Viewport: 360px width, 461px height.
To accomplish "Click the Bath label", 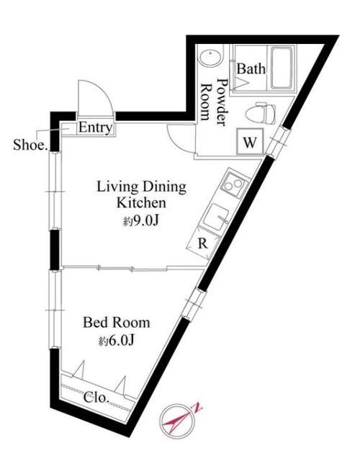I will click(252, 70).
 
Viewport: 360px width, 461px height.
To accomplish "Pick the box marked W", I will click(248, 141).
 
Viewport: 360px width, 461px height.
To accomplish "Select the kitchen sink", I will click(217, 215).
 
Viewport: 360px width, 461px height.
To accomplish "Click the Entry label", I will click(95, 129).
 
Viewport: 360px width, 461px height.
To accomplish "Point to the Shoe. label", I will click(30, 144).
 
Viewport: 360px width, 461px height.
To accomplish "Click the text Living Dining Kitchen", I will click(142, 194).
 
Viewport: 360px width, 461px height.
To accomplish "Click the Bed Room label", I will click(116, 322).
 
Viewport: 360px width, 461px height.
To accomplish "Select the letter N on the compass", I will click(197, 409).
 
